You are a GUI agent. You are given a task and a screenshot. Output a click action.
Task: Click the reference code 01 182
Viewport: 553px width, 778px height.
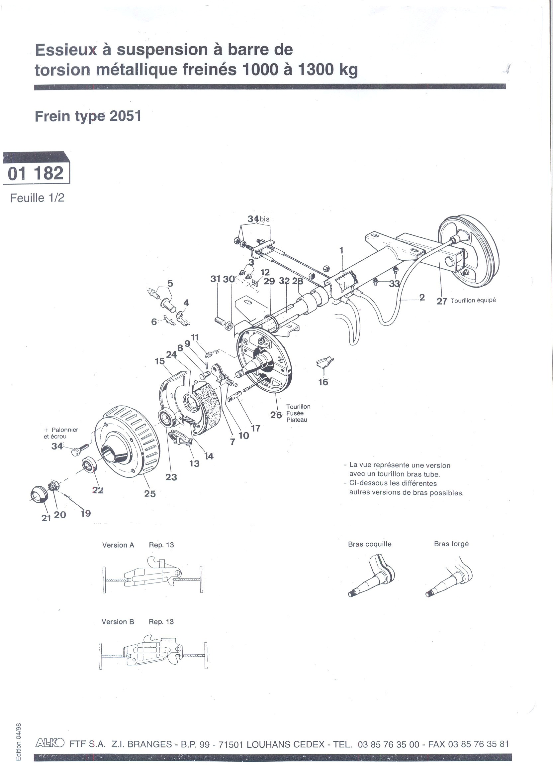tap(36, 173)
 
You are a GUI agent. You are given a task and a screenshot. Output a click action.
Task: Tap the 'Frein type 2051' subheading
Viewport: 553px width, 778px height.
tap(88, 116)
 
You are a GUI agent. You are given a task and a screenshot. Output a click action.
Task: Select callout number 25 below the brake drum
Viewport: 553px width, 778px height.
tap(150, 493)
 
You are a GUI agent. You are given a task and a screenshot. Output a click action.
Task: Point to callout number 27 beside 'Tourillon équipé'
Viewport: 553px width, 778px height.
tap(442, 301)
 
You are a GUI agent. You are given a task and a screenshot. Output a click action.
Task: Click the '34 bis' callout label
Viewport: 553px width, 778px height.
tap(258, 219)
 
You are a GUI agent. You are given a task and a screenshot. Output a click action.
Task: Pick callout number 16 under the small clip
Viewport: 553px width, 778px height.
tap(323, 382)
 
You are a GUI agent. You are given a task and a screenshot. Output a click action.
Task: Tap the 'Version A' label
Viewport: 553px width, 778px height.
tap(118, 545)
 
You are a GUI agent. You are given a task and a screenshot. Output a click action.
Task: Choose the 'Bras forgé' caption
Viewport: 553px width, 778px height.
tap(451, 544)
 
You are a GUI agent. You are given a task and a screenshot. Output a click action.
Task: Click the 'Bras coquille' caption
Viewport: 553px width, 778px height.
tap(369, 544)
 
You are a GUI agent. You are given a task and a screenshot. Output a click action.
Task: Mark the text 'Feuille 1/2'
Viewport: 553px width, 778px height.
tap(37, 198)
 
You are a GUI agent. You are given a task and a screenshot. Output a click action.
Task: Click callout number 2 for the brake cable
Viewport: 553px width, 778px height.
tap(422, 298)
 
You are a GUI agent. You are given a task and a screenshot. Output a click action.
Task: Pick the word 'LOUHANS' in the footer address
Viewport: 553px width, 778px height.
tap(268, 744)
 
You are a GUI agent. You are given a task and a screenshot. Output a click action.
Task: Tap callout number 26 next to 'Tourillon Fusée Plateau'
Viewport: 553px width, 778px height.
tap(276, 415)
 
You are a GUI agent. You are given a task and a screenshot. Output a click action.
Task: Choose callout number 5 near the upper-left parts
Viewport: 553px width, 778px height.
tap(170, 283)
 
